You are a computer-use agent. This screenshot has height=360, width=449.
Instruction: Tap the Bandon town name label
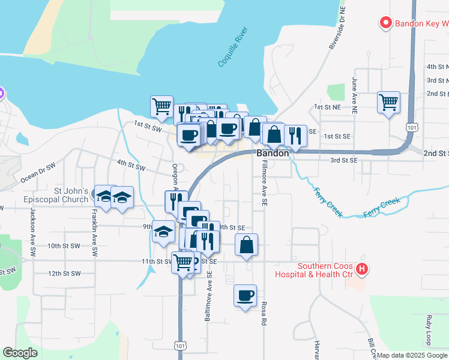[273, 154]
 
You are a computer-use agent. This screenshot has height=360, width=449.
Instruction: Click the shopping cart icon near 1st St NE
[388, 102]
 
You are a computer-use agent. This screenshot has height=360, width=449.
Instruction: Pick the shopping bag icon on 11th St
[246, 245]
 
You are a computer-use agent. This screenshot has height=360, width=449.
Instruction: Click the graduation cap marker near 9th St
[163, 232]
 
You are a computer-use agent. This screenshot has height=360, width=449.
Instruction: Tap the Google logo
[20, 353]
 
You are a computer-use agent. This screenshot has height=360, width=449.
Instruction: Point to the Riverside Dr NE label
[335, 32]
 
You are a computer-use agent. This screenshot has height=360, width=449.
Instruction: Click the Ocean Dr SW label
[38, 172]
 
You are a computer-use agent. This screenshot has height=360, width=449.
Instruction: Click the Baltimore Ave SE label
[209, 295]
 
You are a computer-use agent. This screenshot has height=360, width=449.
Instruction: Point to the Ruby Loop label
[429, 328]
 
